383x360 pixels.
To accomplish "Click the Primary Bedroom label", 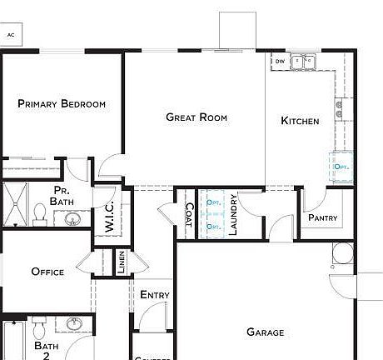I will click(x=62, y=104).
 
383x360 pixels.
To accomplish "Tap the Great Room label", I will click(x=196, y=117).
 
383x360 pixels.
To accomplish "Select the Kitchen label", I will click(x=300, y=121).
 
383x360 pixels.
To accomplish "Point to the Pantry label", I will click(x=321, y=217).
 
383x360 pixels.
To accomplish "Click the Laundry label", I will click(x=234, y=215).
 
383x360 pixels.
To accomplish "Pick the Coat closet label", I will click(x=188, y=216).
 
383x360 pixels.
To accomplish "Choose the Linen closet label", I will click(x=122, y=262).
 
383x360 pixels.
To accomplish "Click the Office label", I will click(x=47, y=272).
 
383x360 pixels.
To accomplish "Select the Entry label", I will click(x=155, y=295).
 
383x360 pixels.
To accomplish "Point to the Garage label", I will click(x=266, y=332).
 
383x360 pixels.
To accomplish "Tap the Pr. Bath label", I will click(x=61, y=197).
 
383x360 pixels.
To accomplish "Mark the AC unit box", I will click(x=12, y=34).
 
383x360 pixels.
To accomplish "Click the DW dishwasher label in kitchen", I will click(x=281, y=61).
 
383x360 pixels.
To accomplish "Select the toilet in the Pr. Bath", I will click(x=39, y=215).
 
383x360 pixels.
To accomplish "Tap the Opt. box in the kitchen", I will click(x=341, y=166).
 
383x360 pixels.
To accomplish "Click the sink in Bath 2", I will click(x=74, y=324).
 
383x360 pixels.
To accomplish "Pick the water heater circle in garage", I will click(x=342, y=252).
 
